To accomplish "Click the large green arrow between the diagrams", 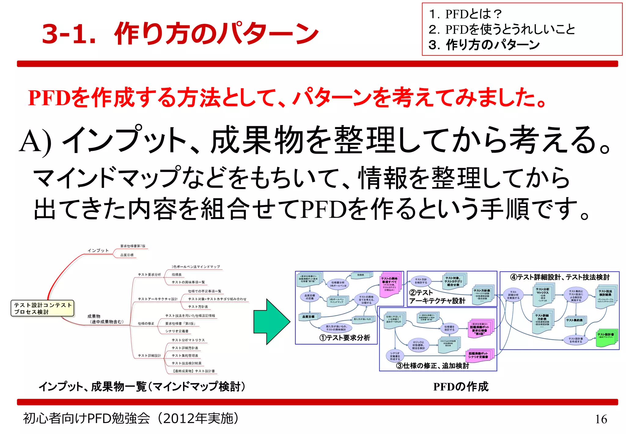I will tap(271, 322).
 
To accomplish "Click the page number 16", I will tap(601, 419).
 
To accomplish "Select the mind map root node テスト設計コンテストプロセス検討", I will tap(42, 308).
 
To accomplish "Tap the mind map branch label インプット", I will tap(98, 250).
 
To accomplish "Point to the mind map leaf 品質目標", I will tap(127, 255).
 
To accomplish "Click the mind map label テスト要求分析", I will tap(149, 275).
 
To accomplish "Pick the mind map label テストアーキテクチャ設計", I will tap(157, 299).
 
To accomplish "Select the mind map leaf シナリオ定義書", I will tap(177, 331).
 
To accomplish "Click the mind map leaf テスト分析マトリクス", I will tap(188, 340).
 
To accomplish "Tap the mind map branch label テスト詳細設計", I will tap(149, 356).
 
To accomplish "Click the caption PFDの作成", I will tap(461, 387).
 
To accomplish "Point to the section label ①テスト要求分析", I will tap(344, 338).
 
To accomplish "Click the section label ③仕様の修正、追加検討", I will tap(432, 366).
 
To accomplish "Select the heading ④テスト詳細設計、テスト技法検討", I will tap(560, 277).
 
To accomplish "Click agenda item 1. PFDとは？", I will tap(465, 14).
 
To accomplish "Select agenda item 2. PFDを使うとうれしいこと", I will tap(502, 30).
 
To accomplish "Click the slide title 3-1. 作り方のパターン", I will tap(180, 34).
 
